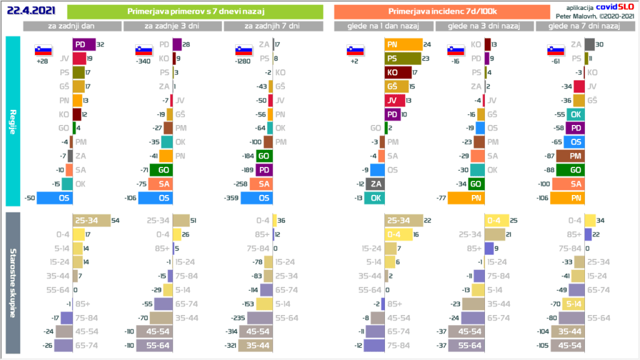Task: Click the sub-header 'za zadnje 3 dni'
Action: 172,26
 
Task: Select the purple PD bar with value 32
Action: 84,45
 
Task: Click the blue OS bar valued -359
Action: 256,198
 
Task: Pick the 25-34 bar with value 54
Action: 91,220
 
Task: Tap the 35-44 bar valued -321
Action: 259,345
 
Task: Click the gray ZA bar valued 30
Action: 589,45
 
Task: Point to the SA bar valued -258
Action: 261,184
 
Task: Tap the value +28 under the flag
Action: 43,62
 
